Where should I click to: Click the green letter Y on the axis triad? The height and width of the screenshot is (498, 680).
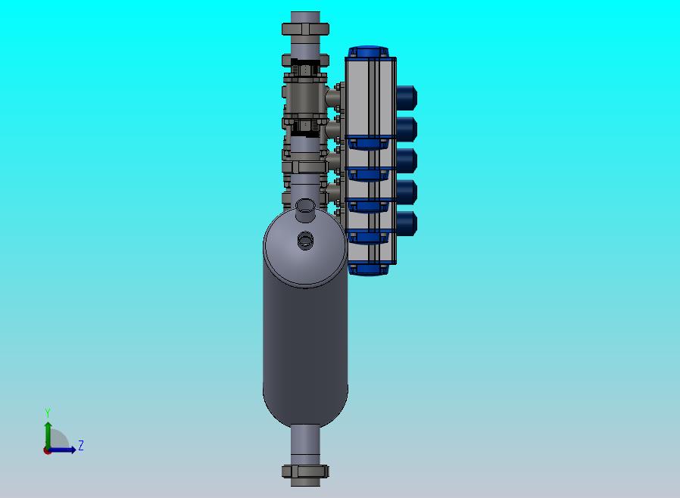click(48, 412)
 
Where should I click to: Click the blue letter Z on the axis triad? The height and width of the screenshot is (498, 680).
click(81, 445)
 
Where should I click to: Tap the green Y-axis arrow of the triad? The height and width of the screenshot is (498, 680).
click(48, 435)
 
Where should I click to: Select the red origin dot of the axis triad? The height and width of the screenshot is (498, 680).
click(47, 451)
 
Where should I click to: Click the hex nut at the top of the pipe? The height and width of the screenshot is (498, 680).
click(305, 29)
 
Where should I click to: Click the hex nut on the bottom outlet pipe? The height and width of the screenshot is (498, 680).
click(305, 471)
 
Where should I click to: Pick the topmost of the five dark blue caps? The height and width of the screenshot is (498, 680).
click(407, 98)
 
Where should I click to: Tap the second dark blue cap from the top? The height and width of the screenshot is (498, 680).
click(407, 129)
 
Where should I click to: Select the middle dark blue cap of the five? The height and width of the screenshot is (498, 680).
click(407, 160)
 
